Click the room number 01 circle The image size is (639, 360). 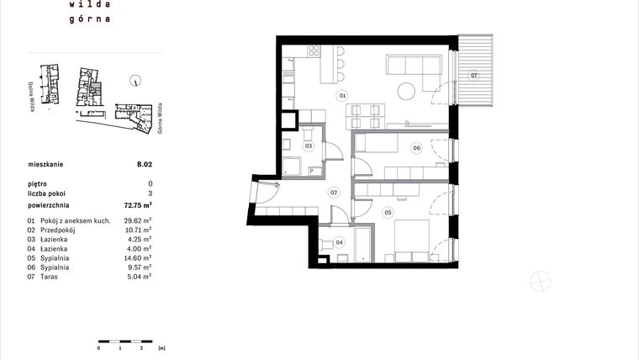tap(343, 96)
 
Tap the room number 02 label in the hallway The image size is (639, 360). tap(333, 193)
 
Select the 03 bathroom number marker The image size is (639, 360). tap(309, 146)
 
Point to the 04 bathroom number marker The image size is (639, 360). tap(340, 242)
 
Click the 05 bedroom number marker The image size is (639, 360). tap(388, 213)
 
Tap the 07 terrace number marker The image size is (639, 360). tap(474, 76)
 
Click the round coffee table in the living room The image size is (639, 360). tap(408, 89)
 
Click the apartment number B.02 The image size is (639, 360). tap(145, 165)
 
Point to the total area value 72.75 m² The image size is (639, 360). tap(138, 204)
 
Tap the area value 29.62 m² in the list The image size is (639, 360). tap(138, 220)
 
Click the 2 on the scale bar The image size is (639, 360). tap(141, 347)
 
